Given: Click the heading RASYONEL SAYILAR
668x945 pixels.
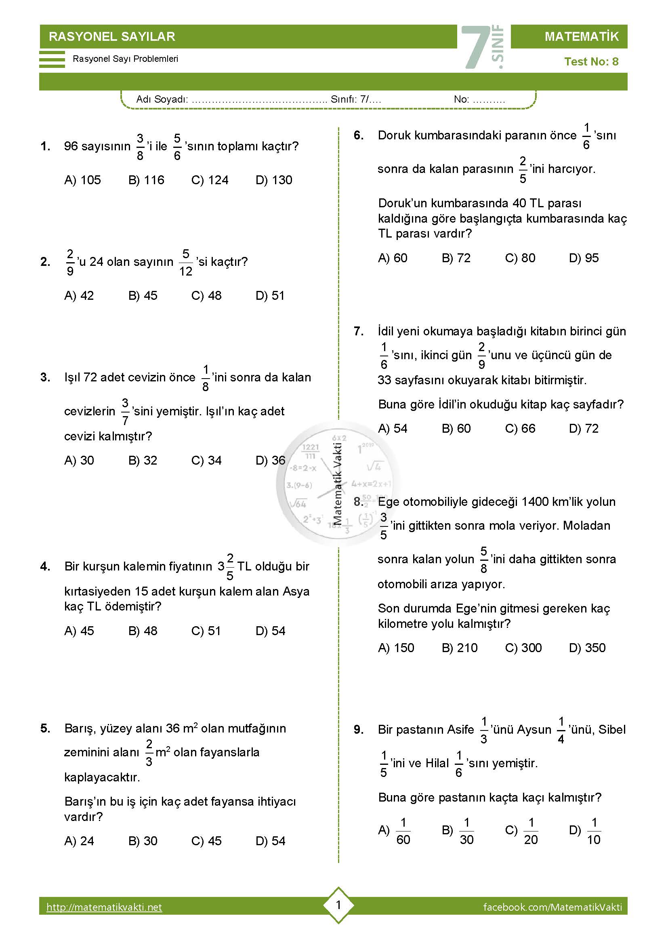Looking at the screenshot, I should (112, 37).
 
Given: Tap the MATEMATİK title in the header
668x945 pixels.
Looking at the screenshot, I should (581, 37).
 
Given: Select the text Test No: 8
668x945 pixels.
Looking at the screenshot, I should (591, 62).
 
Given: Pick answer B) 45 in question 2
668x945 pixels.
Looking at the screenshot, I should (143, 295).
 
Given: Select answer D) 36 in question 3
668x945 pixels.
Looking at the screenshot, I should (270, 460).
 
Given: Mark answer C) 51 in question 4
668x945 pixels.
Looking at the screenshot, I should (206, 631).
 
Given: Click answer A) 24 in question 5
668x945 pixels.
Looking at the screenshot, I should (79, 841).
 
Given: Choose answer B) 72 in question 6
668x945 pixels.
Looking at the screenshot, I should (456, 258).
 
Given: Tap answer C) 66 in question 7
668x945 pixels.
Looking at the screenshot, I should (520, 428).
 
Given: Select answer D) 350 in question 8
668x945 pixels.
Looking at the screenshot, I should (587, 647).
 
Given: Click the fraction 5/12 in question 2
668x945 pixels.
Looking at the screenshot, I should (185, 263).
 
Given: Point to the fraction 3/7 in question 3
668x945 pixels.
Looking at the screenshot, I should (125, 412).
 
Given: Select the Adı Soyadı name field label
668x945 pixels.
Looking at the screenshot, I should (162, 99).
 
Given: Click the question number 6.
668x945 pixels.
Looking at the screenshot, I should (359, 135).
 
